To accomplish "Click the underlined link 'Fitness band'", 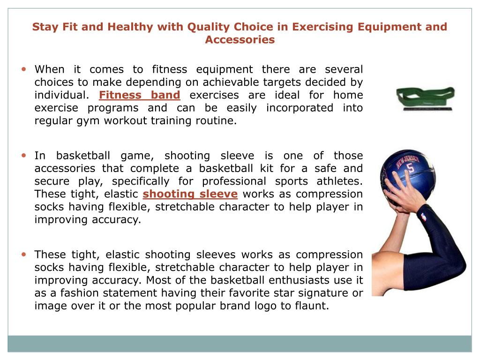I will pyautogui.click(x=139, y=95).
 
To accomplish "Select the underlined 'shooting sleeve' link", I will pyautogui.click(x=190, y=194).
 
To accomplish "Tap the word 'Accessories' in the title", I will pyautogui.click(x=240, y=39).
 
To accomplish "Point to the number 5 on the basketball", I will pyautogui.click(x=411, y=168).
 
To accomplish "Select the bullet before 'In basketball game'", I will pyautogui.click(x=24, y=155).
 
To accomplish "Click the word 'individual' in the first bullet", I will pyautogui.click(x=60, y=95).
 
